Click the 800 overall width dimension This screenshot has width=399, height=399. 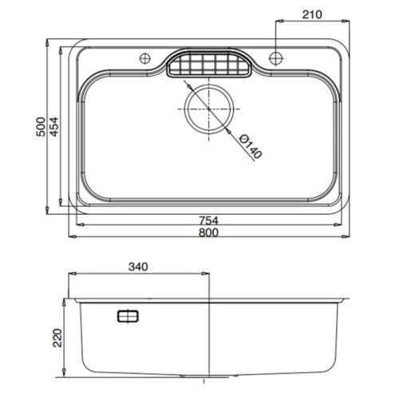pyautogui.click(x=209, y=233)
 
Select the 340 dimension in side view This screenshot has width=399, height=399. pyautogui.click(x=138, y=267)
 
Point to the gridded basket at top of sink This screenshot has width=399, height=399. pyautogui.click(x=209, y=65)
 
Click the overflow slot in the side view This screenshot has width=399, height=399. pyautogui.click(x=128, y=317)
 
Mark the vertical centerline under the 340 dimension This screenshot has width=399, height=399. pyautogui.click(x=209, y=335)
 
